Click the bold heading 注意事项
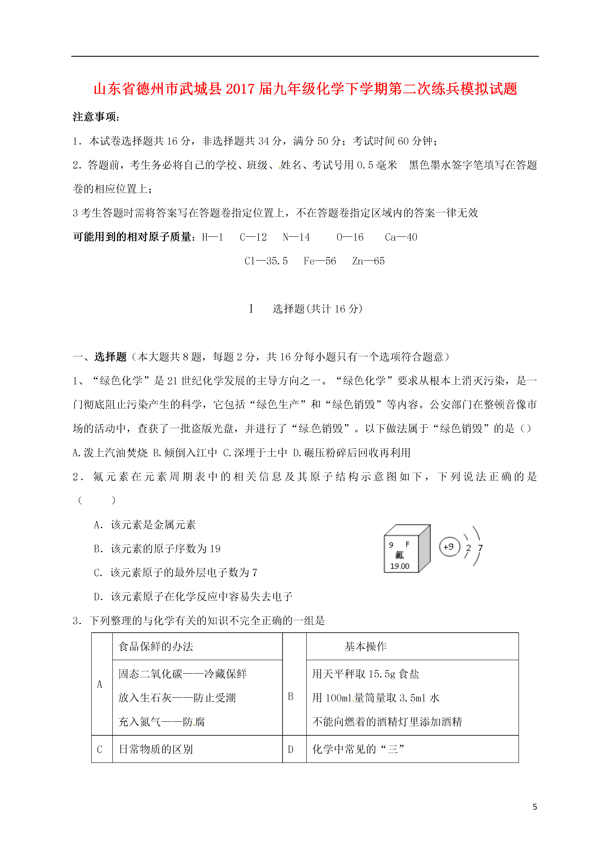(96, 117)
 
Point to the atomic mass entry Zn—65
(368, 261)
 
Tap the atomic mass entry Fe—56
(320, 261)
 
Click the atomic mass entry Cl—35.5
(266, 261)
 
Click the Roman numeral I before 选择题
(251, 309)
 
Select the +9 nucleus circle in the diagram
(449, 547)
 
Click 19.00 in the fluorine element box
(399, 566)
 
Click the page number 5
(535, 807)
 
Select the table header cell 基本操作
(365, 646)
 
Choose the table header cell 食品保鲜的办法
(156, 646)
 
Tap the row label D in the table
(290, 750)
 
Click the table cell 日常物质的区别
(156, 750)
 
